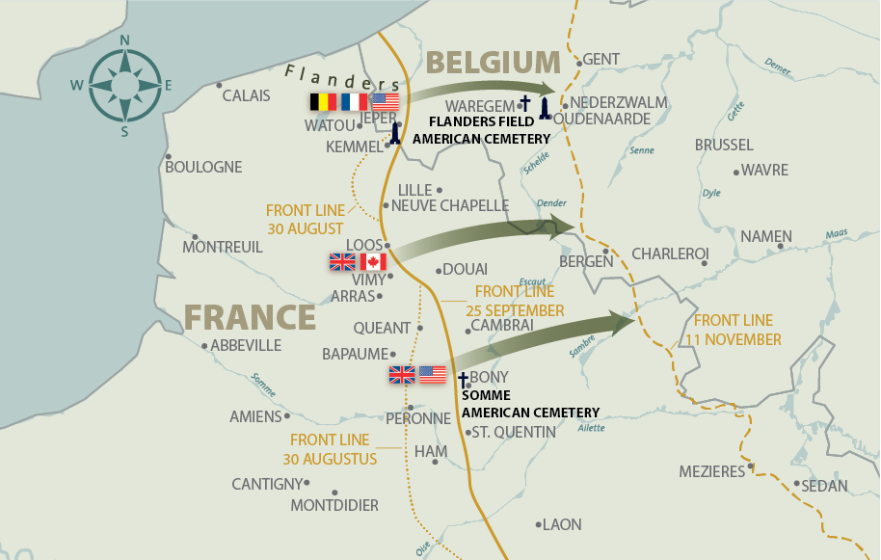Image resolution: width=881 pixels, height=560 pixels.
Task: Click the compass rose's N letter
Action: coord(124,40)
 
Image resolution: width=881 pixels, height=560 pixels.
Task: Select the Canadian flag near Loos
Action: coord(373,262)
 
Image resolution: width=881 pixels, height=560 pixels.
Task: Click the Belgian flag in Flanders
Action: coord(323,102)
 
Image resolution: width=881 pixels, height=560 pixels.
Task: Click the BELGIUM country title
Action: coord(493,63)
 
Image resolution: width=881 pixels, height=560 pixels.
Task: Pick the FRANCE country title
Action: coord(250,317)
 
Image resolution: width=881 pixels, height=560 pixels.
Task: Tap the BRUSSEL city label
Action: coord(724,146)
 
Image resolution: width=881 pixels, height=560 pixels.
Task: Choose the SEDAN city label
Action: coord(824,486)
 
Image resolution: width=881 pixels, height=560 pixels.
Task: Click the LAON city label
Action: coord(562,524)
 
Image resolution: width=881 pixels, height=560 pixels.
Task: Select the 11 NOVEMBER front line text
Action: coord(734,340)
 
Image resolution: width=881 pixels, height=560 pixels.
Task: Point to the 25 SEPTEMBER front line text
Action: coord(515,310)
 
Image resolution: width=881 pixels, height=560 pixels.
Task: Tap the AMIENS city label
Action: coord(255,417)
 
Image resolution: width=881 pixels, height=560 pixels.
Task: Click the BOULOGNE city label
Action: coord(203,167)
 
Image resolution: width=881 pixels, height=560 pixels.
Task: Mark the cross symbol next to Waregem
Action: coord(525,103)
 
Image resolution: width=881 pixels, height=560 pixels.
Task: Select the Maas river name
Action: coord(836,232)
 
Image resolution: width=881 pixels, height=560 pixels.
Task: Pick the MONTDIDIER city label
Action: coord(334,505)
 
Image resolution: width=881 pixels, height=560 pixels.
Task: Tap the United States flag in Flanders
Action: coord(385,102)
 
